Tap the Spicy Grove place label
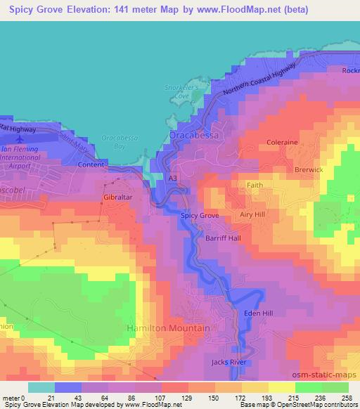coord(200,216)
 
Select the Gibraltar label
coord(118,199)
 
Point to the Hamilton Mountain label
coord(167,328)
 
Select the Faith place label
coord(254,186)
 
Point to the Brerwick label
coord(309,170)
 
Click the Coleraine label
coord(283,143)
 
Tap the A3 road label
coord(172,179)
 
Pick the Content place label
coord(91,165)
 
